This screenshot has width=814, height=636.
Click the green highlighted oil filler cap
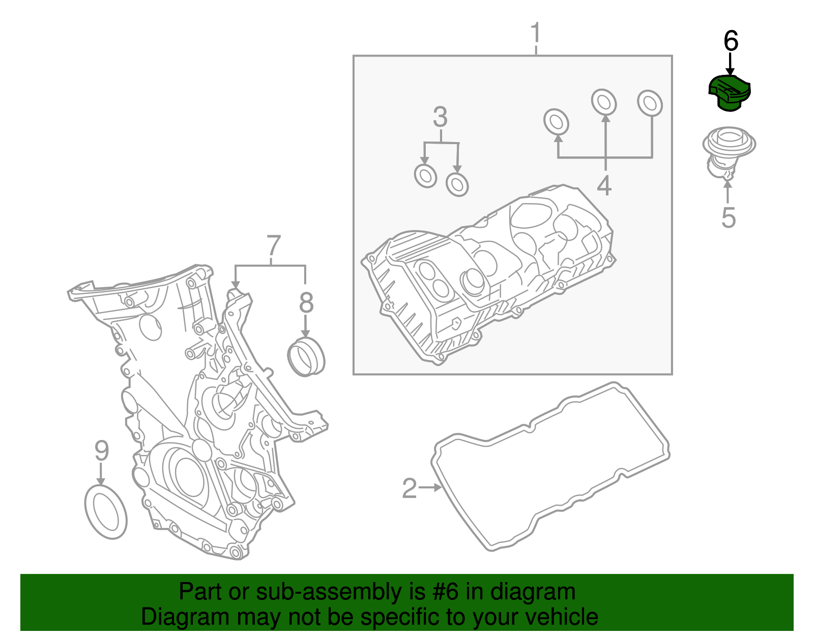click(730, 93)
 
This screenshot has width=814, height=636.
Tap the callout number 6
click(731, 41)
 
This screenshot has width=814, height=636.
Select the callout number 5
click(729, 217)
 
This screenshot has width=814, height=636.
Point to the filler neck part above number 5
click(728, 150)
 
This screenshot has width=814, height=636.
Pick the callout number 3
click(440, 117)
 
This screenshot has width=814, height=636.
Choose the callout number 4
click(604, 185)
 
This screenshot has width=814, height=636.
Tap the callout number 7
click(274, 246)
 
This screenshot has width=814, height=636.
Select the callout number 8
click(306, 303)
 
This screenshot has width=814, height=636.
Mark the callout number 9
click(102, 451)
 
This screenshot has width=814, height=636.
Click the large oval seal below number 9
click(105, 512)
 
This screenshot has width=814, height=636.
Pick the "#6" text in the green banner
click(445, 592)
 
